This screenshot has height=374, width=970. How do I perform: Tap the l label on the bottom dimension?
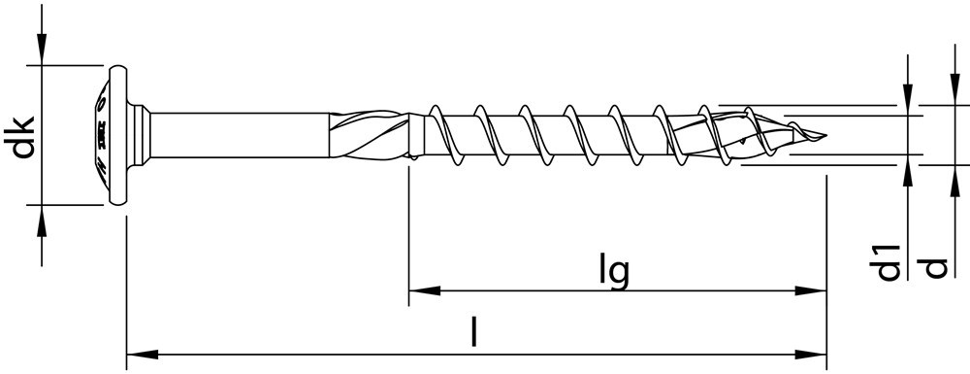coord(473,333)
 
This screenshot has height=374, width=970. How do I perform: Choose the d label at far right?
coord(935,264)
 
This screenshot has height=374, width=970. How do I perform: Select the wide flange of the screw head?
coord(119,135)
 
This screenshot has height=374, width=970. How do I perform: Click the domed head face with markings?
coord(99,135)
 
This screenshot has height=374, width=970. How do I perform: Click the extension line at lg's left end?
coord(408,233)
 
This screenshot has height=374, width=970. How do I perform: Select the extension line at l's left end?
coord(127,291)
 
